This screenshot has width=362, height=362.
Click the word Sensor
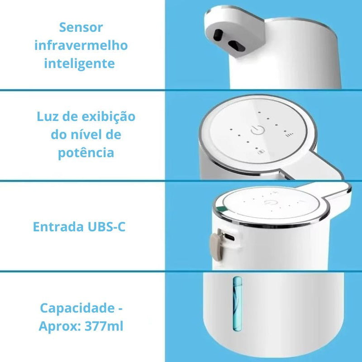click(81, 28)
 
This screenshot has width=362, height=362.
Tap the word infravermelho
click(81, 46)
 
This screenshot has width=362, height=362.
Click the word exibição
click(109, 117)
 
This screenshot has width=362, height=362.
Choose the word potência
click(86, 153)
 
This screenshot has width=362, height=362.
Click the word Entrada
click(58, 227)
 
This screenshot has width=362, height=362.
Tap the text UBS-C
click(107, 227)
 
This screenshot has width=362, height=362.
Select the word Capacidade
click(77, 308)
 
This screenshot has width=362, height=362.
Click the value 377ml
click(104, 326)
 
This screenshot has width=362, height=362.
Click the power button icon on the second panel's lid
click(257, 130)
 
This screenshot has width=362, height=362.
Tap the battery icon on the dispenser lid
click(262, 152)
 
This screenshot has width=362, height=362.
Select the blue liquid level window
click(237, 304)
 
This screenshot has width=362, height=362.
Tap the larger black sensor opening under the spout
click(236, 46)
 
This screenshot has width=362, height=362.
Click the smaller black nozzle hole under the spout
click(218, 35)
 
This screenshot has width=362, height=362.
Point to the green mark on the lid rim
click(222, 209)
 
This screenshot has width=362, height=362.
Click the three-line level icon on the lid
click(290, 134)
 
